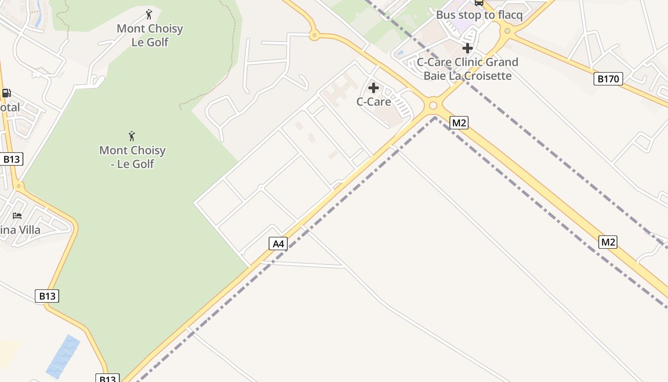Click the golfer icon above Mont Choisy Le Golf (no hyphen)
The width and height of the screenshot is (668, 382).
click(149, 14)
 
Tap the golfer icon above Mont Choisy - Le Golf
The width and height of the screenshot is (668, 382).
click(132, 136)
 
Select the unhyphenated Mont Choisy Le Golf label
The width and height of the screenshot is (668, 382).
click(150, 35)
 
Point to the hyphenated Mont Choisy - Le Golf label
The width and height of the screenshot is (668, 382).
click(132, 157)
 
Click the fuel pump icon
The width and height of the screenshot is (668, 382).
click(6, 93)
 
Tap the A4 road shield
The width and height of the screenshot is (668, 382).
click(278, 244)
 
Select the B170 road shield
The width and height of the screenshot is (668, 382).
click(608, 79)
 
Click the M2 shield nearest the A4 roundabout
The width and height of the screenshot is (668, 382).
click(459, 123)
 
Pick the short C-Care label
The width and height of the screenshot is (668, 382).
click(374, 102)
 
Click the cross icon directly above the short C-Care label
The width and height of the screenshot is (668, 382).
click(374, 88)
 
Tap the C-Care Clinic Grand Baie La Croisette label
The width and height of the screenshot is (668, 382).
click(468, 69)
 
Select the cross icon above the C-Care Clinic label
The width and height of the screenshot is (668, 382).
click(468, 48)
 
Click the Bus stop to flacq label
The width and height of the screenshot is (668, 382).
click(479, 15)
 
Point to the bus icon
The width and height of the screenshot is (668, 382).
click(479, 3)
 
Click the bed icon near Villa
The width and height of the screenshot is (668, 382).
click(17, 215)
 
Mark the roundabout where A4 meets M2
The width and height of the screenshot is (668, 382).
click(433, 106)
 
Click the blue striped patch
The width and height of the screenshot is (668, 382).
click(63, 356)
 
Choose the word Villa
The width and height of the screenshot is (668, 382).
click(29, 230)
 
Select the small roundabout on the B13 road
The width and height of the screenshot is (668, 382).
click(19, 186)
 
